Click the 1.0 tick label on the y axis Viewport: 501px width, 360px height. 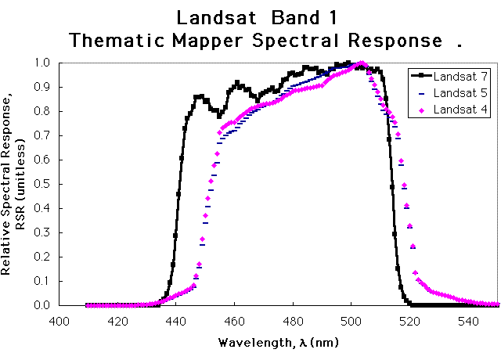45,63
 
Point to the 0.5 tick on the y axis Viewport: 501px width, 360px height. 45,184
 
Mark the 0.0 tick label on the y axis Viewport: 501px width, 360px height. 45,305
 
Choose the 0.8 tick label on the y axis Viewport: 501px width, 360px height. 45,111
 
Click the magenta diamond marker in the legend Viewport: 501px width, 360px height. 421,110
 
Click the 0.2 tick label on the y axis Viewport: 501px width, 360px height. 45,257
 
